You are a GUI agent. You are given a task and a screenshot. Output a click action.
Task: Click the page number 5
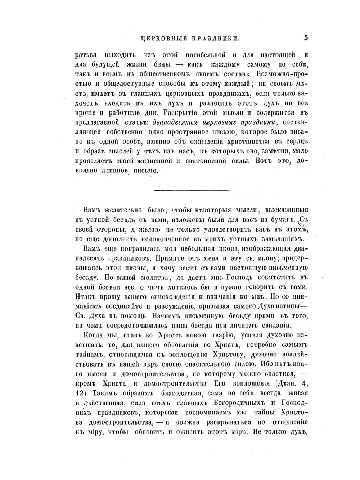(306, 37)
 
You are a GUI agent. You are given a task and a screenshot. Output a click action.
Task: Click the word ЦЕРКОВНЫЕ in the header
(161, 38)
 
